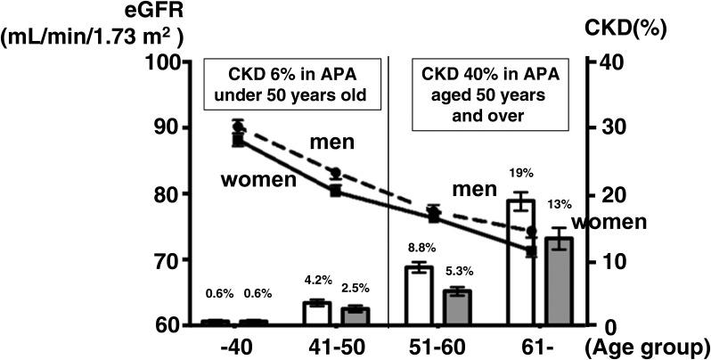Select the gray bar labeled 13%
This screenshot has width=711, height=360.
(559, 282)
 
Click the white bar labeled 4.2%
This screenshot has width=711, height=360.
(316, 314)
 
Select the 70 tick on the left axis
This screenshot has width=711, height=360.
(170, 260)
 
